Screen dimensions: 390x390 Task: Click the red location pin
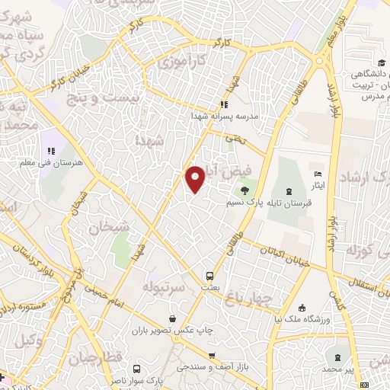point(196,178)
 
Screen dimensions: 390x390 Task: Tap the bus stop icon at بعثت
point(208,275)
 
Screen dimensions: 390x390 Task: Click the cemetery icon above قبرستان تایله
point(289,190)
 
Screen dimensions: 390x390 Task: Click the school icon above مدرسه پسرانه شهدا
point(224,104)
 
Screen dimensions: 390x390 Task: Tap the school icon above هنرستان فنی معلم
point(52,152)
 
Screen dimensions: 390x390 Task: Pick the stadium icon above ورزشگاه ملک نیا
point(303,308)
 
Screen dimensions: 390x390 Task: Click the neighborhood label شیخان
point(105,226)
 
